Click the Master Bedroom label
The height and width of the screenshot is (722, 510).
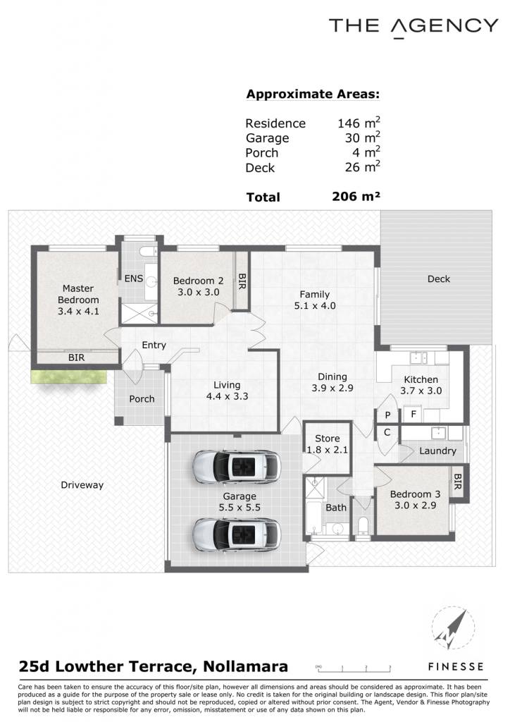(x=78, y=294)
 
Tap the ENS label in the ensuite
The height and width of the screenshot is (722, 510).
(x=134, y=279)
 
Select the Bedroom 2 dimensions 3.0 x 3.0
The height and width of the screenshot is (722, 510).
(x=199, y=292)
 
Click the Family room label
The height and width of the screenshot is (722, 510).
(x=315, y=294)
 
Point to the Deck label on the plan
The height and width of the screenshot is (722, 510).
(x=439, y=279)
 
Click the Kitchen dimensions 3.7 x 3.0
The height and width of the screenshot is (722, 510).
(x=421, y=391)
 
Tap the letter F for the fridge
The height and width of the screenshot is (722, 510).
(x=413, y=414)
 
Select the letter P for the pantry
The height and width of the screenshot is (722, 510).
(x=387, y=415)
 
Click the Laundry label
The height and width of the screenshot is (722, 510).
(x=437, y=451)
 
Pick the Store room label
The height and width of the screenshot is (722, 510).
(x=328, y=439)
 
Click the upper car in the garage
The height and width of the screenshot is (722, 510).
(x=237, y=466)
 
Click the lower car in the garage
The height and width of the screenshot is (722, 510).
(x=237, y=534)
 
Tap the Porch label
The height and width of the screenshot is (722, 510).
(x=142, y=399)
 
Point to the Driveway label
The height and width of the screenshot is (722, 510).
(x=82, y=485)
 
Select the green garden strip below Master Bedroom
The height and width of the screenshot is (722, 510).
(x=69, y=377)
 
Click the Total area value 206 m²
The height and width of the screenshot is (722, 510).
(x=356, y=197)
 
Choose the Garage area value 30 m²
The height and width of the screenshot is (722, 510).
(x=362, y=137)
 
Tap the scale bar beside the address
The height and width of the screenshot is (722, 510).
(x=353, y=668)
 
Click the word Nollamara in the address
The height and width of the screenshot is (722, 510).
(x=246, y=666)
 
